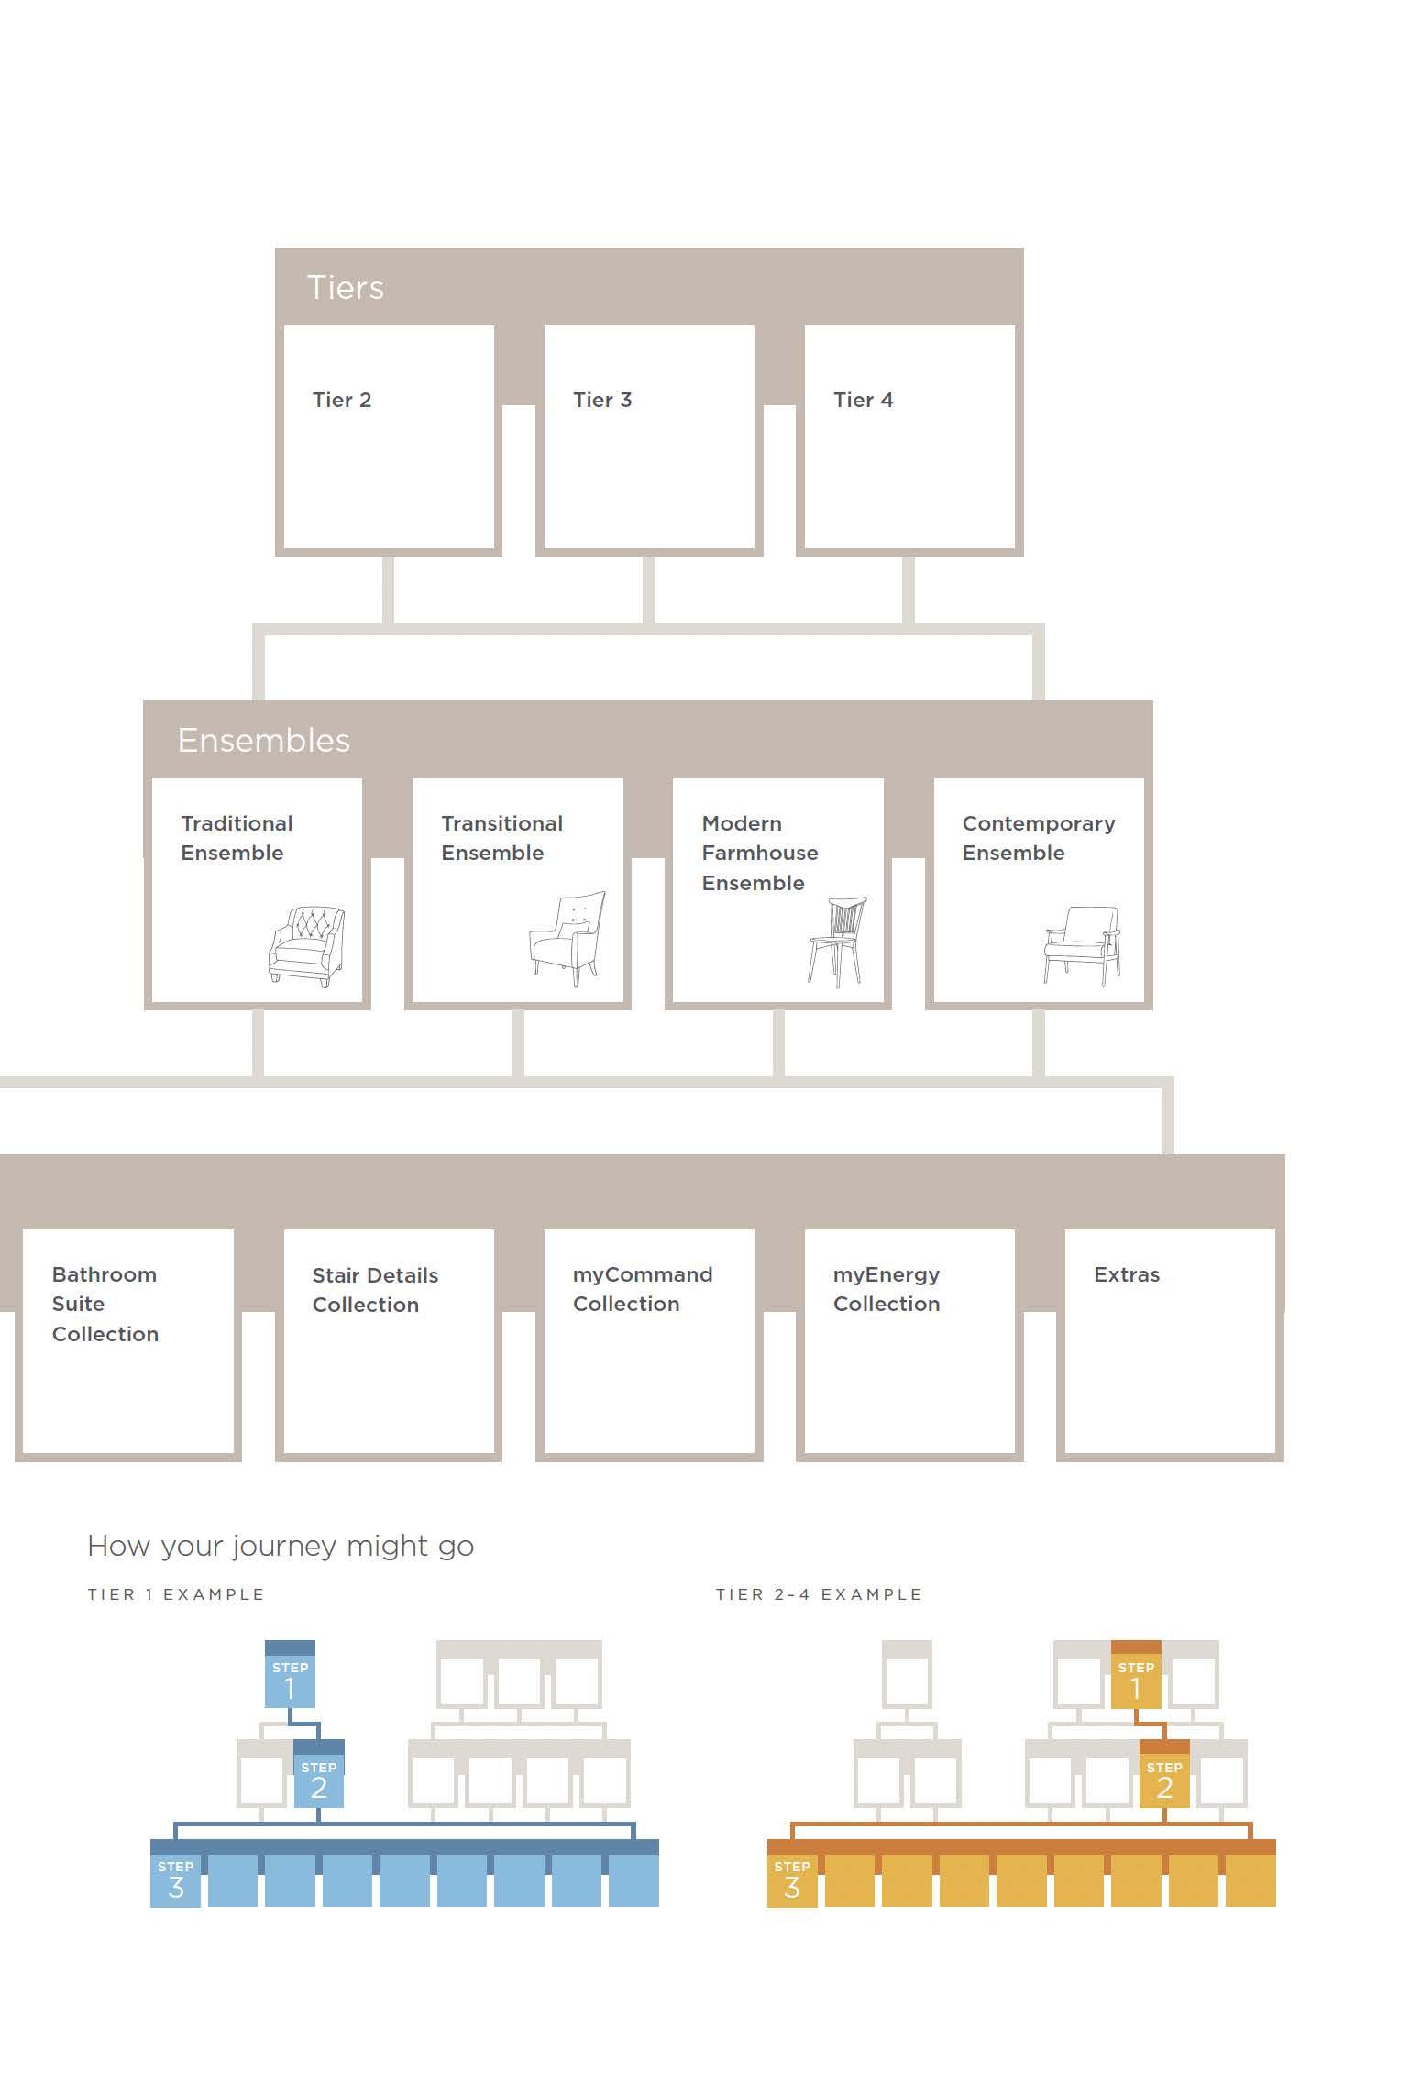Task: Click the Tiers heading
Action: pyautogui.click(x=345, y=288)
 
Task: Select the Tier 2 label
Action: pyautogui.click(x=341, y=400)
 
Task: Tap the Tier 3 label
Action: pyautogui.click(x=602, y=400)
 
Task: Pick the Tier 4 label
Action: pyautogui.click(x=863, y=400)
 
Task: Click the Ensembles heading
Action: pyautogui.click(x=263, y=741)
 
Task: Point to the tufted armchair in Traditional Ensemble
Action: pyautogui.click(x=306, y=946)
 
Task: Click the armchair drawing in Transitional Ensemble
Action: pyautogui.click(x=567, y=938)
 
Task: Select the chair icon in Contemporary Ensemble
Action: pyautogui.click(x=1082, y=945)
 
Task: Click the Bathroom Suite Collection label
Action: pyautogui.click(x=105, y=1304)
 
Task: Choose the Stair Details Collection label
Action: pyautogui.click(x=375, y=1290)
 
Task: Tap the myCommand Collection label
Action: pyautogui.click(x=642, y=1289)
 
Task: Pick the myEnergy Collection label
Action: pyautogui.click(x=886, y=1289)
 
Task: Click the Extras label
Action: pyautogui.click(x=1126, y=1274)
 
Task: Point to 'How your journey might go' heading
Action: pyautogui.click(x=281, y=1547)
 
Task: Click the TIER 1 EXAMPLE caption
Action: pyautogui.click(x=176, y=1594)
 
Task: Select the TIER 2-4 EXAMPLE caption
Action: pyautogui.click(x=819, y=1594)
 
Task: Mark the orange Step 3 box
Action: pyautogui.click(x=792, y=1879)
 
